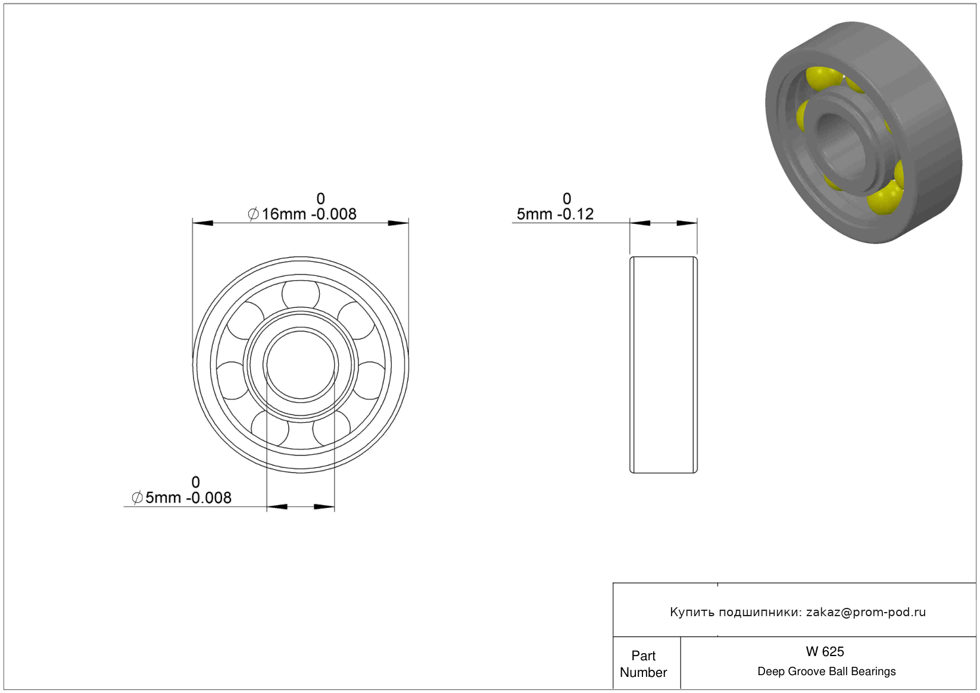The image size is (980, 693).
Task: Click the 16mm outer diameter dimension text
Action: [302, 214]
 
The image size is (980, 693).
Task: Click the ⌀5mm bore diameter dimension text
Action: [182, 498]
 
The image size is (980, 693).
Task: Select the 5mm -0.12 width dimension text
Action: [555, 214]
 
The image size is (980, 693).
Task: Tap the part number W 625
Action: [825, 651]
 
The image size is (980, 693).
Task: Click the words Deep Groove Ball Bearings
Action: [826, 671]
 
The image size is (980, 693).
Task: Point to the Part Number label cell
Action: [643, 664]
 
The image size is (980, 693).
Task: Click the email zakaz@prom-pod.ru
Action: [866, 612]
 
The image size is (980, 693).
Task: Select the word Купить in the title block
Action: [692, 612]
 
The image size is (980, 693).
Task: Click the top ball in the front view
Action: [301, 294]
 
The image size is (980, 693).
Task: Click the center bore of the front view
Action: [301, 365]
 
